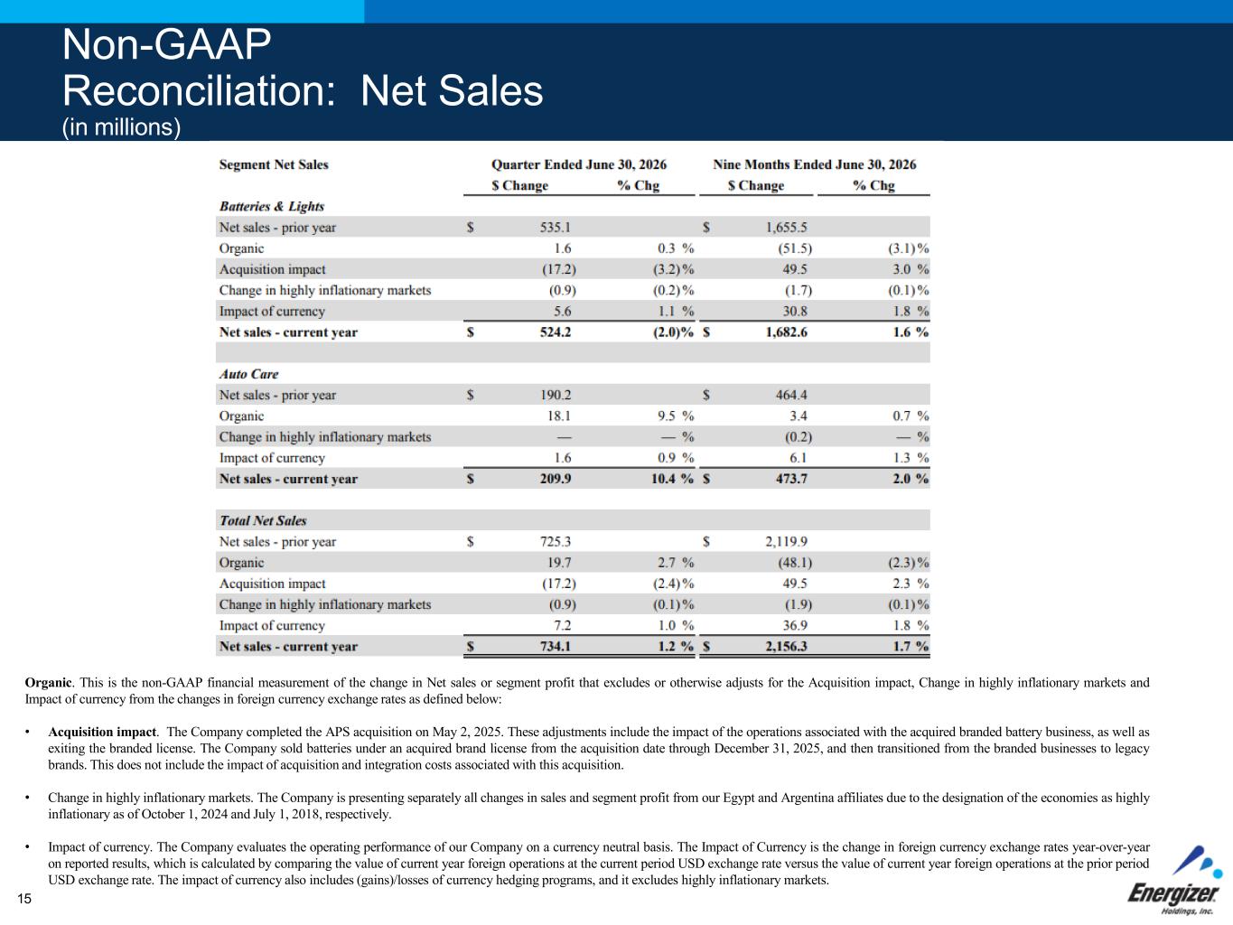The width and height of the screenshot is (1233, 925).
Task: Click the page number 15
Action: pyautogui.click(x=24, y=899)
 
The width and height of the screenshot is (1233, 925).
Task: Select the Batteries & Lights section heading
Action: pyautogui.click(x=272, y=206)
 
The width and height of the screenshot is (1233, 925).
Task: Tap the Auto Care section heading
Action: pyautogui.click(x=248, y=374)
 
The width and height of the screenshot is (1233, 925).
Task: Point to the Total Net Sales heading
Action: pyautogui.click(x=263, y=520)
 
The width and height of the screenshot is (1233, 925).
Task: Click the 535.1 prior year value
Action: pyautogui.click(x=555, y=228)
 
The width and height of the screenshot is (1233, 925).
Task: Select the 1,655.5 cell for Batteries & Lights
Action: pyautogui.click(x=787, y=228)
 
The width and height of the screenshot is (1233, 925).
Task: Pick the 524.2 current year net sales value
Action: pyautogui.click(x=555, y=332)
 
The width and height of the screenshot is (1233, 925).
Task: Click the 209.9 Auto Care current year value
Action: pyautogui.click(x=555, y=479)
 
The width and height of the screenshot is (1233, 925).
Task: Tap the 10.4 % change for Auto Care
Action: pyautogui.click(x=672, y=479)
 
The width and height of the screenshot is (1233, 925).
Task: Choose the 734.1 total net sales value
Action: pyautogui.click(x=555, y=646)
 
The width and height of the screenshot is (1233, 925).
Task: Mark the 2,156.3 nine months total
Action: pyautogui.click(x=787, y=646)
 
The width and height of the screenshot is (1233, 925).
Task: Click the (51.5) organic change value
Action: pyautogui.click(x=795, y=248)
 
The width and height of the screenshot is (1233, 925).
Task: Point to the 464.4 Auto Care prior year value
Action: pyautogui.click(x=791, y=395)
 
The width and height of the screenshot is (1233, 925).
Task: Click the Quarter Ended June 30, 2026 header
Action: pyautogui.click(x=579, y=164)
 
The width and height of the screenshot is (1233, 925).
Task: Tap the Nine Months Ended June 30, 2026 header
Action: pyautogui.click(x=815, y=164)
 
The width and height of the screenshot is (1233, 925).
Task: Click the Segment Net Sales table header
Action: pyautogui.click(x=274, y=164)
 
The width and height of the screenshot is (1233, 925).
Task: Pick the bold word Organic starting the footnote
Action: pyautogui.click(x=48, y=682)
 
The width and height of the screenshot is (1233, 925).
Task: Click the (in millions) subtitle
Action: pyautogui.click(x=121, y=127)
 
